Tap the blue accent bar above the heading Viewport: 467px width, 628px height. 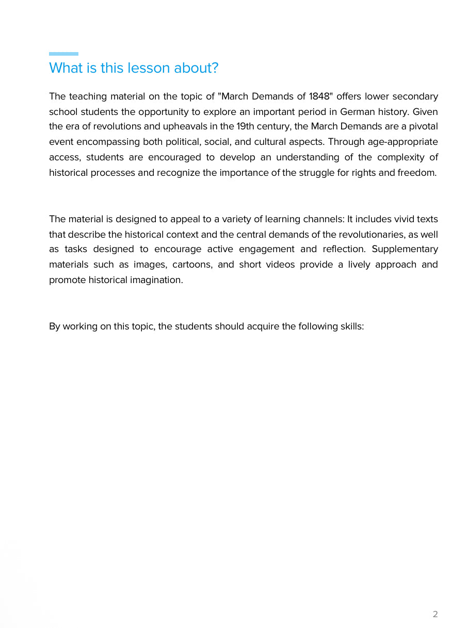coord(63,54)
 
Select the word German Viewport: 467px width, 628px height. coord(357,112)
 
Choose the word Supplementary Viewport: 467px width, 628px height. coord(405,250)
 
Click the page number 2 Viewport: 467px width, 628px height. coord(435,614)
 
